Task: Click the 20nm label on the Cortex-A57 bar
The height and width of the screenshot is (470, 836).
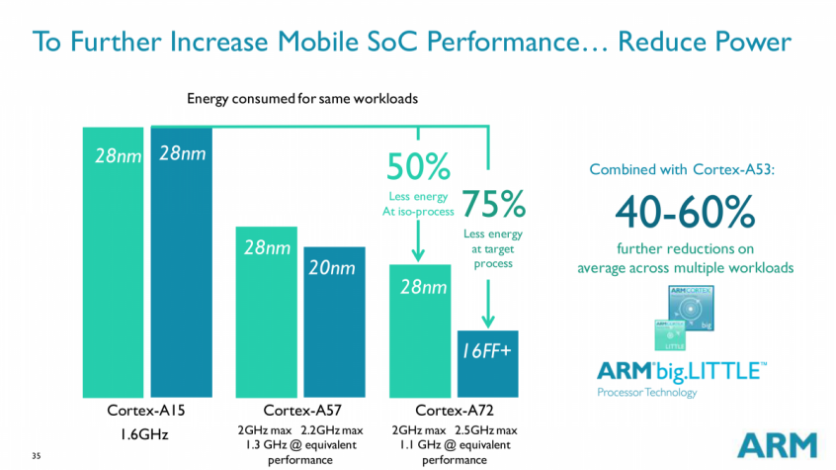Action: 332,268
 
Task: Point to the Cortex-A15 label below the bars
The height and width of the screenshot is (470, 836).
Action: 146,410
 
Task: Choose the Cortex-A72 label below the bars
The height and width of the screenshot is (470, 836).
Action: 454,410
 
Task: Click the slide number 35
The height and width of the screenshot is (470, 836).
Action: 36,456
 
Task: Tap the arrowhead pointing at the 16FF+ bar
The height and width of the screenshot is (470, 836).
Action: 486,322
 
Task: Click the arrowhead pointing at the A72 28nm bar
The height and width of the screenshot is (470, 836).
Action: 419,256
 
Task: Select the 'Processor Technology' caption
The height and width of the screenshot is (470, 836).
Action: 646,393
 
